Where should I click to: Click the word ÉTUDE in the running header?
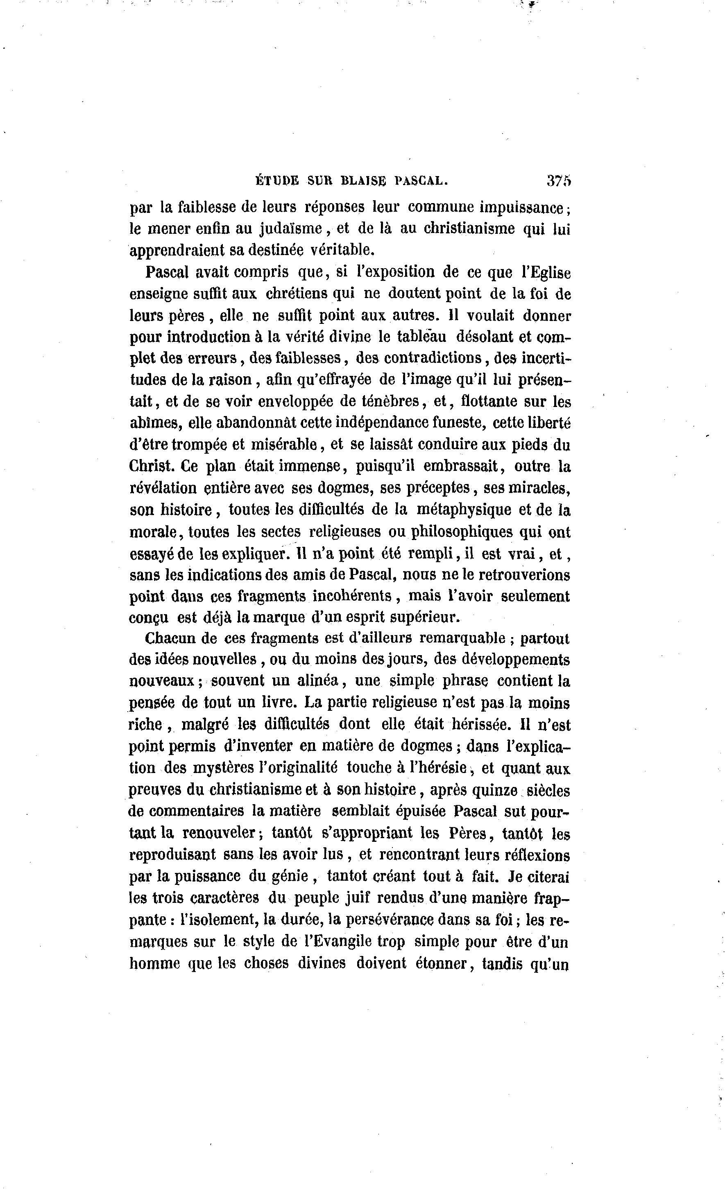point(277,181)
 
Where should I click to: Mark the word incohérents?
point(352,596)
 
